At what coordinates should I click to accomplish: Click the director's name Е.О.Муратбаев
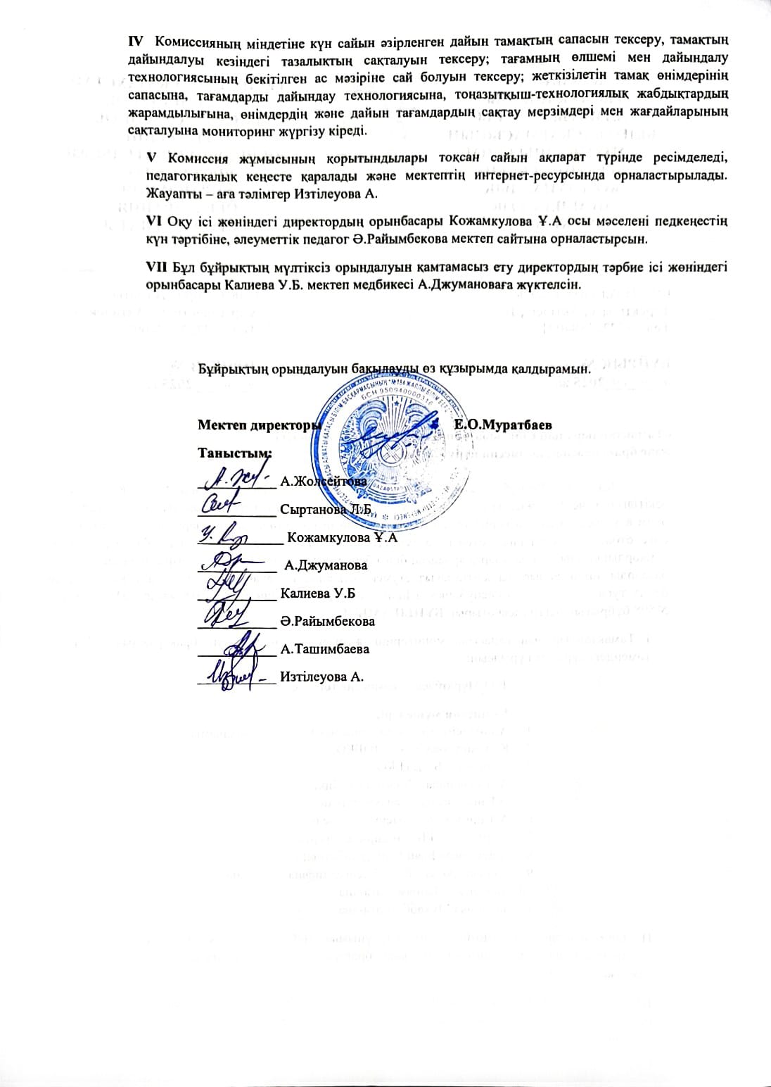(x=503, y=425)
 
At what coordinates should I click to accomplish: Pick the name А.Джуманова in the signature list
(x=325, y=565)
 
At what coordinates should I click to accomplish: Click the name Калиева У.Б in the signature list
(x=317, y=593)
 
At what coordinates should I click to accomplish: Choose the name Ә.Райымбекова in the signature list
(x=327, y=622)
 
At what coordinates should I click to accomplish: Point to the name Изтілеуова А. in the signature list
(x=321, y=677)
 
